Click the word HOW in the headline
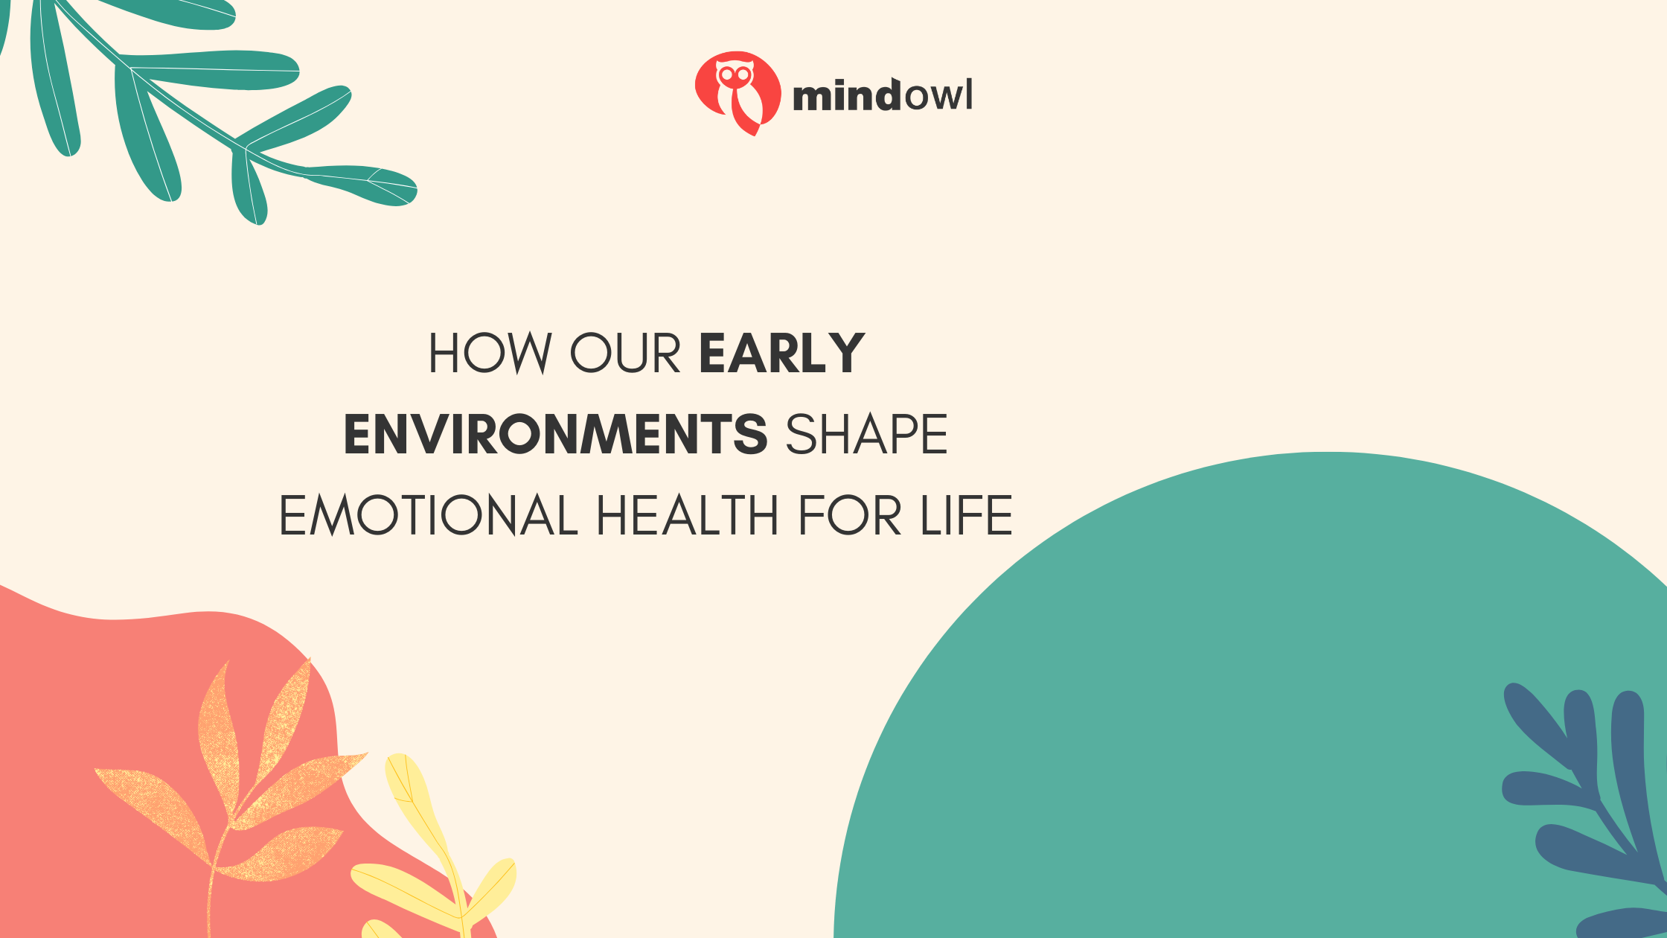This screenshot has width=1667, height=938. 489,354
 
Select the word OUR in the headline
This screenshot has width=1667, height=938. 625,354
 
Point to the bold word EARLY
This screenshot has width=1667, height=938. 782,354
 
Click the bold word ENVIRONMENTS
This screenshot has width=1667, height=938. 555,435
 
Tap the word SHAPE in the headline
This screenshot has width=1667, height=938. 866,435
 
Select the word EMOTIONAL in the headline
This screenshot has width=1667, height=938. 429,515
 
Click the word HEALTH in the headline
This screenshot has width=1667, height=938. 687,515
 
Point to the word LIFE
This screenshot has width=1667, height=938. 967,515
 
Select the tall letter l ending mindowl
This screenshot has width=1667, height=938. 968,95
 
